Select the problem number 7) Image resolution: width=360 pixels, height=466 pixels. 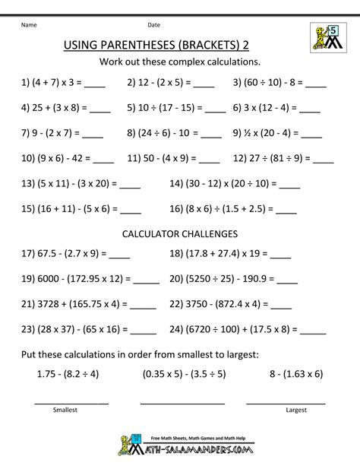click(27, 135)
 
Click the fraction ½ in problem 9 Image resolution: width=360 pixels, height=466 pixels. click(257, 134)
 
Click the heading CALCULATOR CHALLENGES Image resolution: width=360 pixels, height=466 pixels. click(179, 233)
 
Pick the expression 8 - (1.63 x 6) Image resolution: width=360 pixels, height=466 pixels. click(286, 375)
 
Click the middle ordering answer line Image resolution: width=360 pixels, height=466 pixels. click(183, 401)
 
